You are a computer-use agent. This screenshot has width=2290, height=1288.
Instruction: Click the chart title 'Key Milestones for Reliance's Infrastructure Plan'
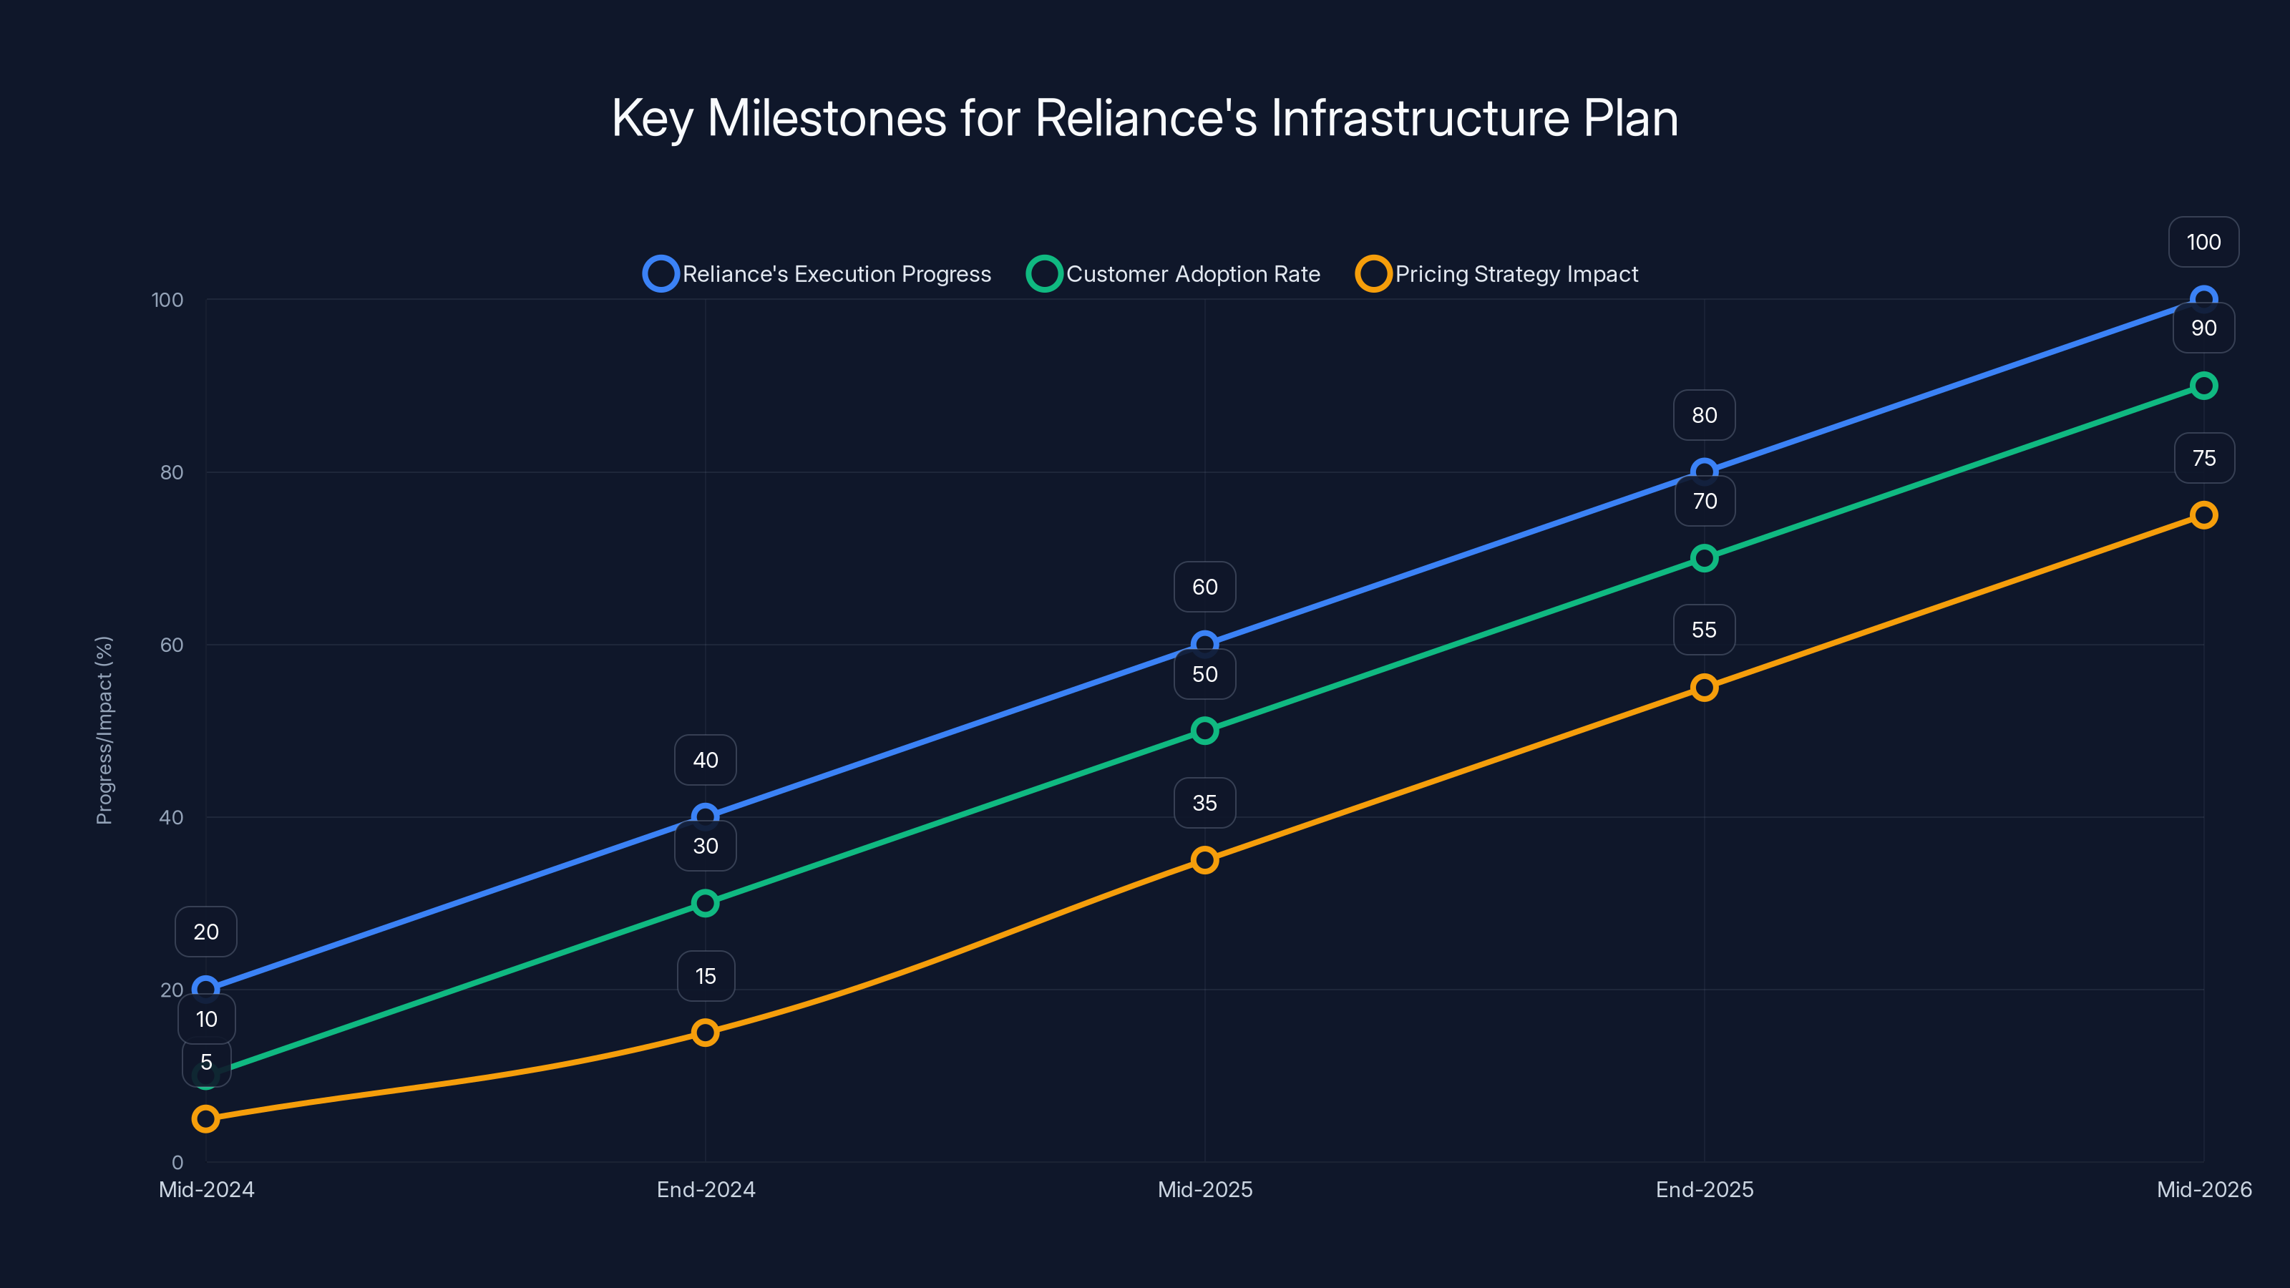coord(1145,118)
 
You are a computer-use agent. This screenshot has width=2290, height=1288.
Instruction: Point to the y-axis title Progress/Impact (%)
coord(104,730)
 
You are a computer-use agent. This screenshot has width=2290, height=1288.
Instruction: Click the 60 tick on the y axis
coord(172,645)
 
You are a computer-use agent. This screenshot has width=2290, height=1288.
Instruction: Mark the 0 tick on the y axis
coord(177,1162)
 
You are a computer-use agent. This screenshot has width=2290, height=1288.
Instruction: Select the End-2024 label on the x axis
coord(706,1189)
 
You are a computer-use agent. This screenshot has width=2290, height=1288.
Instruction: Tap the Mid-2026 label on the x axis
coord(2204,1189)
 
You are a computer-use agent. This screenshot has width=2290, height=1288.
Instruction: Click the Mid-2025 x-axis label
coord(1204,1189)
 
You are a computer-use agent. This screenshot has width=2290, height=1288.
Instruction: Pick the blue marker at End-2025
coord(1704,472)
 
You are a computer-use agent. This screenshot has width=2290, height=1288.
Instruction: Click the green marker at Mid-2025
coord(1204,731)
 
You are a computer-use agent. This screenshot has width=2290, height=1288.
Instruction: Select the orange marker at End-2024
coord(705,1033)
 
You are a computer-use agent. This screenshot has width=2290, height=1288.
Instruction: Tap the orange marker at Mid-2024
coord(205,1118)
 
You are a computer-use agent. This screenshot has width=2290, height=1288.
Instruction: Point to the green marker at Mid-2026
coord(2204,386)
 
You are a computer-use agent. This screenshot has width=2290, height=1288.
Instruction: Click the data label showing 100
coord(2204,242)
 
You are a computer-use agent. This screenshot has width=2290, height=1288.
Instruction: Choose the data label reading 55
coord(1704,630)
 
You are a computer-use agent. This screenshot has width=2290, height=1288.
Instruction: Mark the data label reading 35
coord(1204,803)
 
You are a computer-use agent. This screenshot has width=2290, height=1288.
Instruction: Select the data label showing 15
coord(706,976)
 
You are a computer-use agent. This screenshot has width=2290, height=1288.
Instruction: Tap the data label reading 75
coord(2204,458)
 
